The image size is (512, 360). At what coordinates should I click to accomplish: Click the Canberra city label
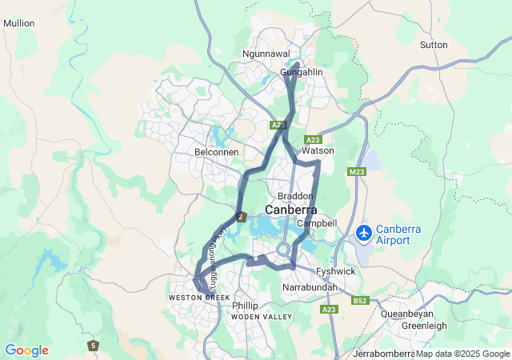tap(290, 210)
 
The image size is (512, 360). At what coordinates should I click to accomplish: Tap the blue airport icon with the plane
tap(364, 233)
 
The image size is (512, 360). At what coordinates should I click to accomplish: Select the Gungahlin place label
tap(301, 73)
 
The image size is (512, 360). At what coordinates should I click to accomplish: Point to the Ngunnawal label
tap(266, 54)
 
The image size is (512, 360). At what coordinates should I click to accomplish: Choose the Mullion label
tap(19, 23)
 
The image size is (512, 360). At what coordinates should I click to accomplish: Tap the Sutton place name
tap(434, 45)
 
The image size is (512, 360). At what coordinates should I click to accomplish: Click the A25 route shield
tap(278, 126)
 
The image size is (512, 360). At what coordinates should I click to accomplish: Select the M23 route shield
tap(357, 171)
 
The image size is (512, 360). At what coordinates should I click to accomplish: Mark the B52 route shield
tap(360, 301)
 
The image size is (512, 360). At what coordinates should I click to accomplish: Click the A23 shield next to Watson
tap(313, 139)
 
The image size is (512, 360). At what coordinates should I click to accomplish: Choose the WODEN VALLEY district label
tap(262, 318)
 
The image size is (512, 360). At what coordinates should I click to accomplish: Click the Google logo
tap(26, 350)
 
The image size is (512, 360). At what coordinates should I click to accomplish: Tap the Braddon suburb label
tap(294, 196)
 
